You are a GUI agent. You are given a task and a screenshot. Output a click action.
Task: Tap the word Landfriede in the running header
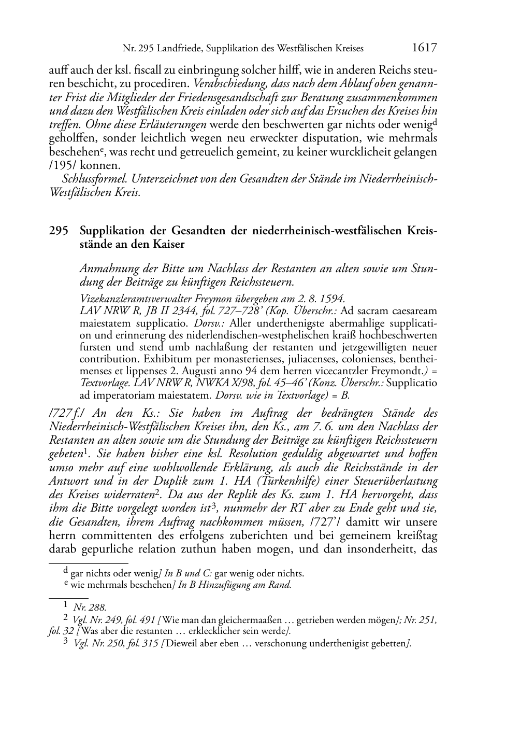click(x=178, y=49)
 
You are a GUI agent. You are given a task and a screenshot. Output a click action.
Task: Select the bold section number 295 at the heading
click(x=59, y=231)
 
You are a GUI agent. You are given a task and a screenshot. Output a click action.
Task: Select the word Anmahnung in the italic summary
click(x=108, y=269)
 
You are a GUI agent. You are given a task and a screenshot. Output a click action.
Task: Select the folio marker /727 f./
click(x=66, y=414)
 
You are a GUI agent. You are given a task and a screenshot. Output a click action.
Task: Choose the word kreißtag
click(x=416, y=535)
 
